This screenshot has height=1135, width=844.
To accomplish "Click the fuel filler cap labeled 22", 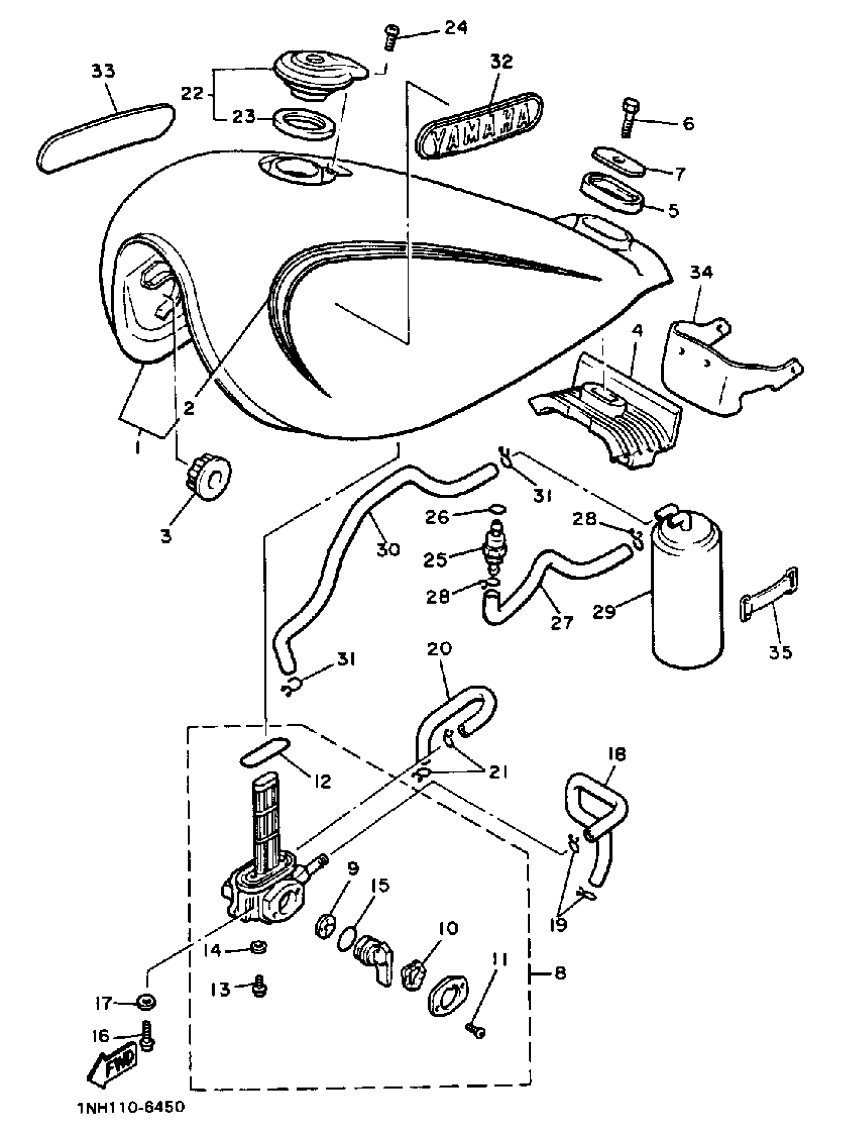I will pyautogui.click(x=319, y=70).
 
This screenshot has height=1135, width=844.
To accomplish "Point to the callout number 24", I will pyautogui.click(x=456, y=28).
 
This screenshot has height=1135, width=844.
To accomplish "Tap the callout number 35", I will pyautogui.click(x=780, y=652).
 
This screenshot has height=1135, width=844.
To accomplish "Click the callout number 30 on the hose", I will pyautogui.click(x=388, y=550).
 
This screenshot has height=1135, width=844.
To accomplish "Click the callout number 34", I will pyautogui.click(x=702, y=272).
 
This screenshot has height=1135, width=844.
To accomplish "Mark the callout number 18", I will pyautogui.click(x=617, y=755).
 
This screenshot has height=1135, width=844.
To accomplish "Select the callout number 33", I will pyautogui.click(x=103, y=71).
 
